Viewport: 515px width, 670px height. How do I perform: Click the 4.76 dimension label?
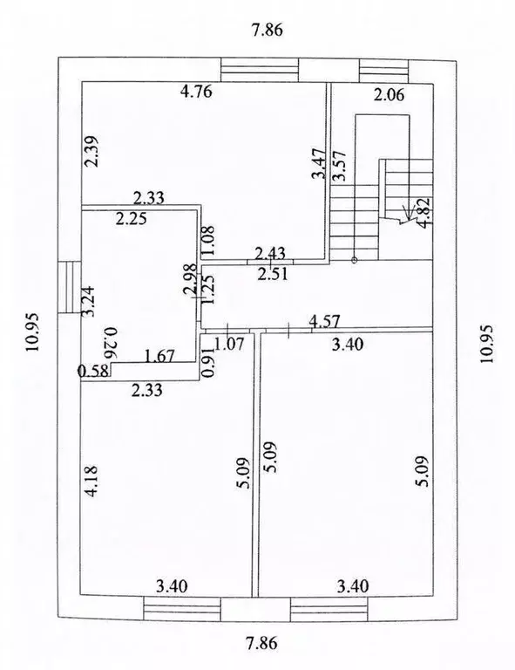pos(196,92)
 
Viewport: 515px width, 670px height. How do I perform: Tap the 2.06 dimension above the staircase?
pos(389,94)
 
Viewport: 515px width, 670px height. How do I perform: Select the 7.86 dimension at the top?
pos(268,31)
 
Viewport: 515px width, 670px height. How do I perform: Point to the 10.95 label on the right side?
pos(486,344)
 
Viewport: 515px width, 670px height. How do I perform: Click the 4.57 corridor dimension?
pos(324,320)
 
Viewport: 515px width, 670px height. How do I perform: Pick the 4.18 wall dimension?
pos(91,482)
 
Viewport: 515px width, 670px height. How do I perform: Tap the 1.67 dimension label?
pos(159,356)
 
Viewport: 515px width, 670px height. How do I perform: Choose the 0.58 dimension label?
pos(92,371)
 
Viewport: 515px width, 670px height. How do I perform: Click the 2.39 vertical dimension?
pos(91,151)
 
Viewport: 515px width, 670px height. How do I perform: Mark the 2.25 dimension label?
pos(132,219)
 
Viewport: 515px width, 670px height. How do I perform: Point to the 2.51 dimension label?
pos(273,274)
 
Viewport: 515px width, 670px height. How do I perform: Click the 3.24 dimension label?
pos(89,301)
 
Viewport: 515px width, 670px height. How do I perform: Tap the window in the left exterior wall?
pos(70,288)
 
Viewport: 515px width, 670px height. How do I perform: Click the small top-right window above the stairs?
pos(384,71)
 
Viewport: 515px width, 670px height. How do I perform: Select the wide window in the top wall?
pos(260,70)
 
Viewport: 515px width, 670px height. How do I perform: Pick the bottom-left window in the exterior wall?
pos(182,608)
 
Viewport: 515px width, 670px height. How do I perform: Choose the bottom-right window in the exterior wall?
pos(329,610)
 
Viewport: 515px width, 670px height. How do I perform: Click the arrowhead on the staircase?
pos(409,214)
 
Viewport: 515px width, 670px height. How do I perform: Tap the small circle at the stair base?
pos(354,260)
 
